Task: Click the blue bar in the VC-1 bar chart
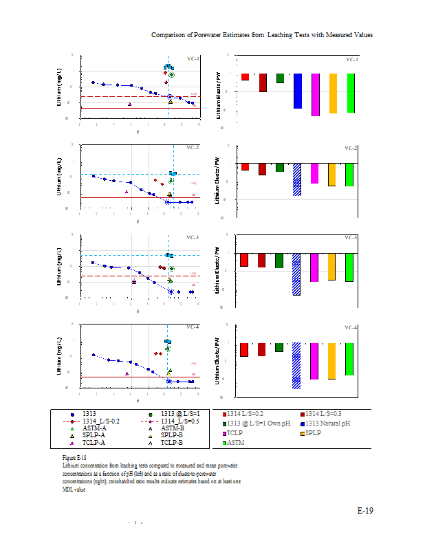coord(298,91)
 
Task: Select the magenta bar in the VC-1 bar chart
coord(315,95)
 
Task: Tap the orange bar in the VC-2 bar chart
coord(332,175)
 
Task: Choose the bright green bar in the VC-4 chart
coord(349,359)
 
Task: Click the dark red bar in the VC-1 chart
coord(263,82)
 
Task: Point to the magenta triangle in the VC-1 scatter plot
coord(130,104)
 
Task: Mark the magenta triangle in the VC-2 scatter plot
coord(127,192)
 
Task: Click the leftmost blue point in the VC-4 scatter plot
coord(93,355)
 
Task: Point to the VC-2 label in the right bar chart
coord(351,148)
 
